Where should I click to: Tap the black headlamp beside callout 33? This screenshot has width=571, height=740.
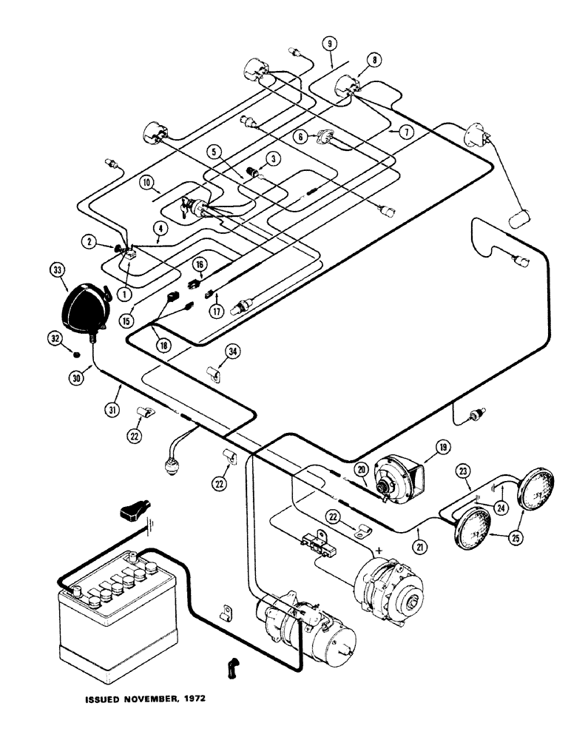click(84, 306)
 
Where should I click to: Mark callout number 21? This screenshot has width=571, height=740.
click(422, 526)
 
